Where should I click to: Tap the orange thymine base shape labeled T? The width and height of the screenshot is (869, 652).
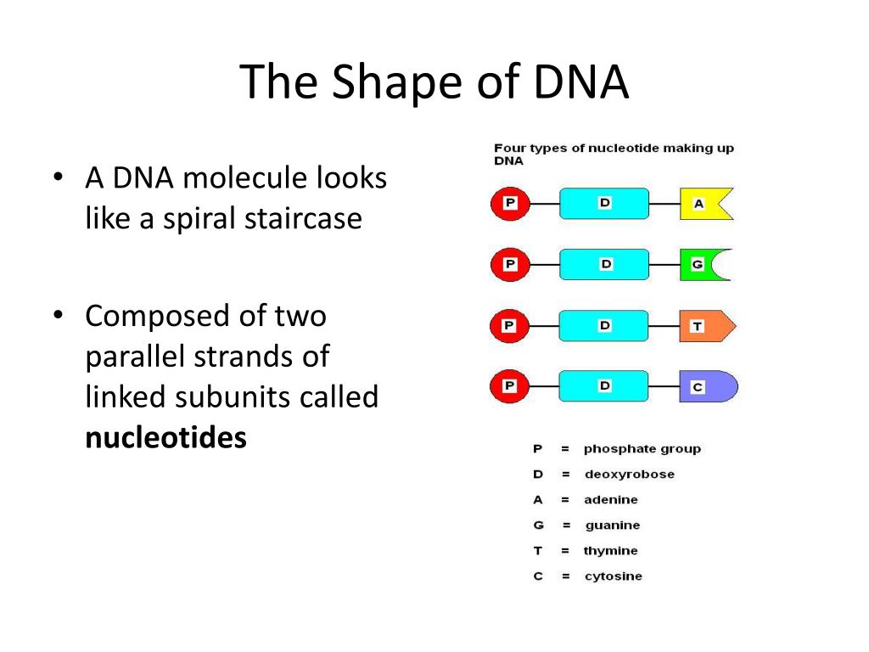(703, 326)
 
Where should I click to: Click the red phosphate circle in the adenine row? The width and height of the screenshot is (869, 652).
(510, 204)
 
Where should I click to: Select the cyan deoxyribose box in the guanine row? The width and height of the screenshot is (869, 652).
(604, 264)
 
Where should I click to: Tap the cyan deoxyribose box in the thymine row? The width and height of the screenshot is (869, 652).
(604, 326)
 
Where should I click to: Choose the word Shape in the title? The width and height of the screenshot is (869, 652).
(388, 82)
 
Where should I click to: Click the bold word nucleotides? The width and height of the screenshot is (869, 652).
(165, 437)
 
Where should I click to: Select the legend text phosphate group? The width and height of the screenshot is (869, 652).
(642, 448)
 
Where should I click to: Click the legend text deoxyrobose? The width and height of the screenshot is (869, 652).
(629, 474)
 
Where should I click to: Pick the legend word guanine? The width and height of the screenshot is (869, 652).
(612, 525)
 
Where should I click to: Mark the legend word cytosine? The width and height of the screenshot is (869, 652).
(613, 576)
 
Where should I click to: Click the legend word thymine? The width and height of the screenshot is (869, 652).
(610, 550)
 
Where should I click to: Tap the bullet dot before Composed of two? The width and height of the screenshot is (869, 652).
(58, 316)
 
